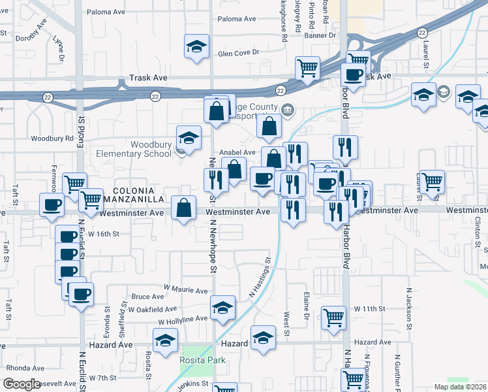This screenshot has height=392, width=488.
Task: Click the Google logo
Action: [22, 384]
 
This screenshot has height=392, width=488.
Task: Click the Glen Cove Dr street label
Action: [239, 52]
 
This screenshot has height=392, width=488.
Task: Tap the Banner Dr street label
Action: [320, 35]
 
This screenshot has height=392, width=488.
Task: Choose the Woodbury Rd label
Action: [52, 139]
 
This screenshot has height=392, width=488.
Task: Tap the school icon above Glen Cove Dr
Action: [195, 46]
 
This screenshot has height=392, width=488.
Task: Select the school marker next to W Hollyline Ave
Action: [222, 307]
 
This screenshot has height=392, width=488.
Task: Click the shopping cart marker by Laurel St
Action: [432, 182]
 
